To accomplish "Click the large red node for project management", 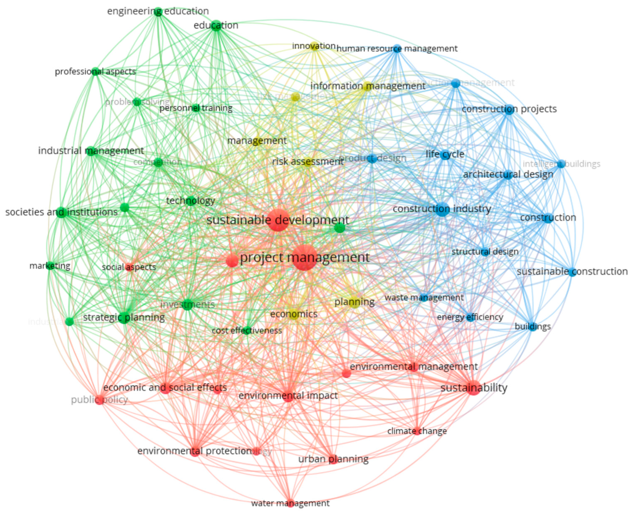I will [304, 258].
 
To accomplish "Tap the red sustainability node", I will [473, 388].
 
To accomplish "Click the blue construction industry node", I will [442, 209].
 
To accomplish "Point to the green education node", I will [216, 26].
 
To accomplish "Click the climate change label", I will [417, 431].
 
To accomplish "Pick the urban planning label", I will [333, 459].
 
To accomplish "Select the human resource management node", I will [397, 49].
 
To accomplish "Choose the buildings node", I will [533, 327].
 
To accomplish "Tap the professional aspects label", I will [95, 72].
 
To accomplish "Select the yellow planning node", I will [354, 302].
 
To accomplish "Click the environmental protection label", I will [194, 451].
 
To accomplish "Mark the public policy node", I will [100, 400].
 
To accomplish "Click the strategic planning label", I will [124, 317].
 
